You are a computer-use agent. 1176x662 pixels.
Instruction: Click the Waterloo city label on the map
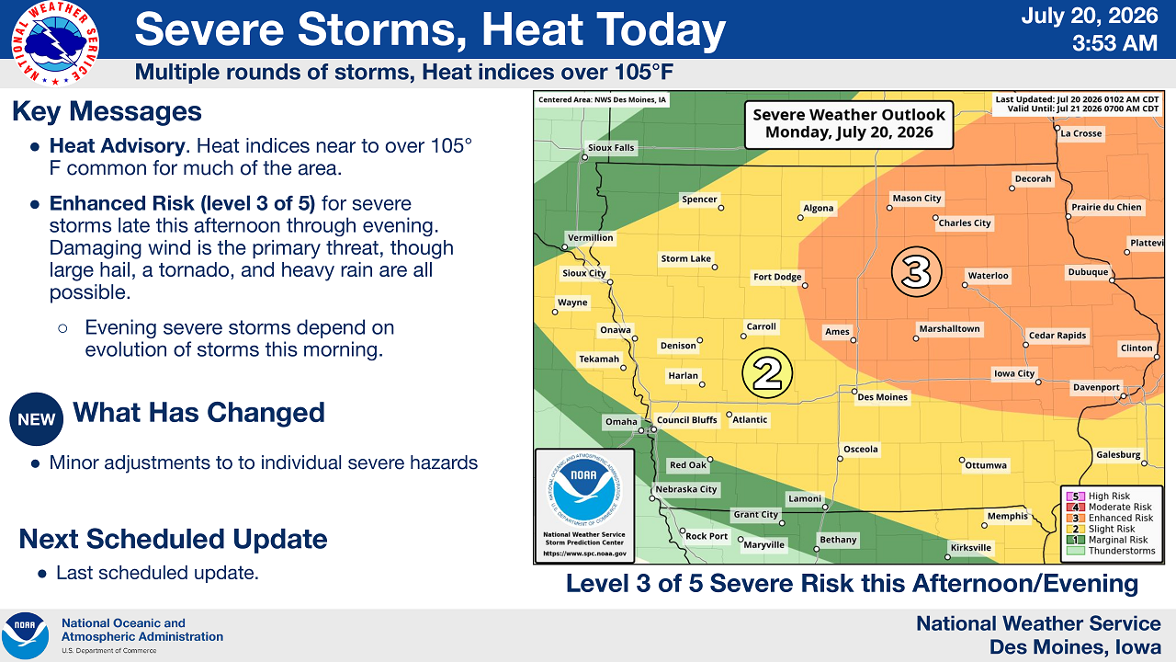[988, 276]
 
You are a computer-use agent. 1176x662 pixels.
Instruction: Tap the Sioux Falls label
[611, 148]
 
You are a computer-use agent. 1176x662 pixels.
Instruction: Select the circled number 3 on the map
[917, 271]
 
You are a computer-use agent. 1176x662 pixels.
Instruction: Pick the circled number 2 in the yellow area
[767, 373]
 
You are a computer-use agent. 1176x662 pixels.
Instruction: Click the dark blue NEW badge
[36, 419]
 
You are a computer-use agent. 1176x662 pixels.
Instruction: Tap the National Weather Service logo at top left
[55, 43]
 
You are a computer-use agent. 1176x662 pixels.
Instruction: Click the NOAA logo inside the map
[583, 489]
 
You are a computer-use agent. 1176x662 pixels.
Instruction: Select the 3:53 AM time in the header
[1114, 43]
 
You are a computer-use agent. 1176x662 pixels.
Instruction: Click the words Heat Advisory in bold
[118, 146]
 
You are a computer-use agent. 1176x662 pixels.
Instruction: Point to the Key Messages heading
[107, 111]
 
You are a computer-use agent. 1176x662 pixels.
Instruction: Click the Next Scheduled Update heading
[174, 539]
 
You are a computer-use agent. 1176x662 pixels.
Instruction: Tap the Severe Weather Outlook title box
[849, 124]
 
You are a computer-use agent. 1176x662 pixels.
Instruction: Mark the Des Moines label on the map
[883, 397]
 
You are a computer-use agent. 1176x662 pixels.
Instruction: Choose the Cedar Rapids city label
[1057, 336]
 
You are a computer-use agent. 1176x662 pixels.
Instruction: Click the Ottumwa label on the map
[986, 465]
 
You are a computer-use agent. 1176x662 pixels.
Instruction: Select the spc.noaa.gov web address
[584, 554]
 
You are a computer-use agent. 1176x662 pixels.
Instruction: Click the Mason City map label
[917, 198]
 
